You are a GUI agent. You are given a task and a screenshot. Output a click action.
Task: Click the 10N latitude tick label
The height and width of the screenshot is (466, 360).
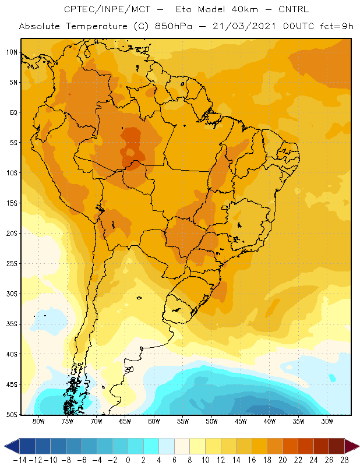click(12, 52)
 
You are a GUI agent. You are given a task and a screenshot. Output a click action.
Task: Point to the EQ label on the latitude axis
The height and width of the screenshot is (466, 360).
click(13, 112)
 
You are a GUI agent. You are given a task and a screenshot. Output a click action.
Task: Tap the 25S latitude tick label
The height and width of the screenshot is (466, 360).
click(12, 264)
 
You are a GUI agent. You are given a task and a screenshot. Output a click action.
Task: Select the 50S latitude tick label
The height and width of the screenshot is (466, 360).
click(12, 415)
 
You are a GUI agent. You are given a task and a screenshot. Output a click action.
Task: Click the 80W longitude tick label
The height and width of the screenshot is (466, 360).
click(38, 421)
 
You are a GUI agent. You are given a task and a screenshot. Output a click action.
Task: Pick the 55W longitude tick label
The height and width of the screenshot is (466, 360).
click(183, 421)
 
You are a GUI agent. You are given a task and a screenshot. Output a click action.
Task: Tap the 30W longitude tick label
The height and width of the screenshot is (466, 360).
click(327, 421)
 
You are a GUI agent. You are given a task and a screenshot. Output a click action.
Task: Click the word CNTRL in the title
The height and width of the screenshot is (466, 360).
click(294, 9)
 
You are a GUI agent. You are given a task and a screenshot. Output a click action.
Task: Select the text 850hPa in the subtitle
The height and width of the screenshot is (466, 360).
click(174, 26)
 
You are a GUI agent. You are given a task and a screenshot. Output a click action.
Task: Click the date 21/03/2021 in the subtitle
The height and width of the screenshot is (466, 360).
click(244, 26)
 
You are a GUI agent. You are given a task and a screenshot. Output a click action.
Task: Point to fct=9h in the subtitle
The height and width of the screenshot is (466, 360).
click(337, 26)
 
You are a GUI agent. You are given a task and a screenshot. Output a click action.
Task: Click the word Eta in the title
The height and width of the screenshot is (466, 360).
click(183, 9)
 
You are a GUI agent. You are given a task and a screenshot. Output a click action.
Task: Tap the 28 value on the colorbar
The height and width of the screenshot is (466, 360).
click(344, 460)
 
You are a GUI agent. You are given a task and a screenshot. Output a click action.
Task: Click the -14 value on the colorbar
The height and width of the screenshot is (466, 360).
click(20, 460)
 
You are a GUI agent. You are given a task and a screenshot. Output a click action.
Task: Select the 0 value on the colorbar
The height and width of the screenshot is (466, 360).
click(128, 460)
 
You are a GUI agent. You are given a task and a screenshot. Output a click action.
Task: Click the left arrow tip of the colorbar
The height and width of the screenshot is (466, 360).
click(5, 446)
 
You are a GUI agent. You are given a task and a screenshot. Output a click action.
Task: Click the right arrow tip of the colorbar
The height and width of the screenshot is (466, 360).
click(359, 446)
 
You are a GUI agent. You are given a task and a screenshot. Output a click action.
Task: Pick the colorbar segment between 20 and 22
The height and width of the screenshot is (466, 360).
click(290, 446)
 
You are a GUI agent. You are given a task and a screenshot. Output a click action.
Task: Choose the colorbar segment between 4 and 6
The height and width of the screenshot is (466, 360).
click(167, 446)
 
